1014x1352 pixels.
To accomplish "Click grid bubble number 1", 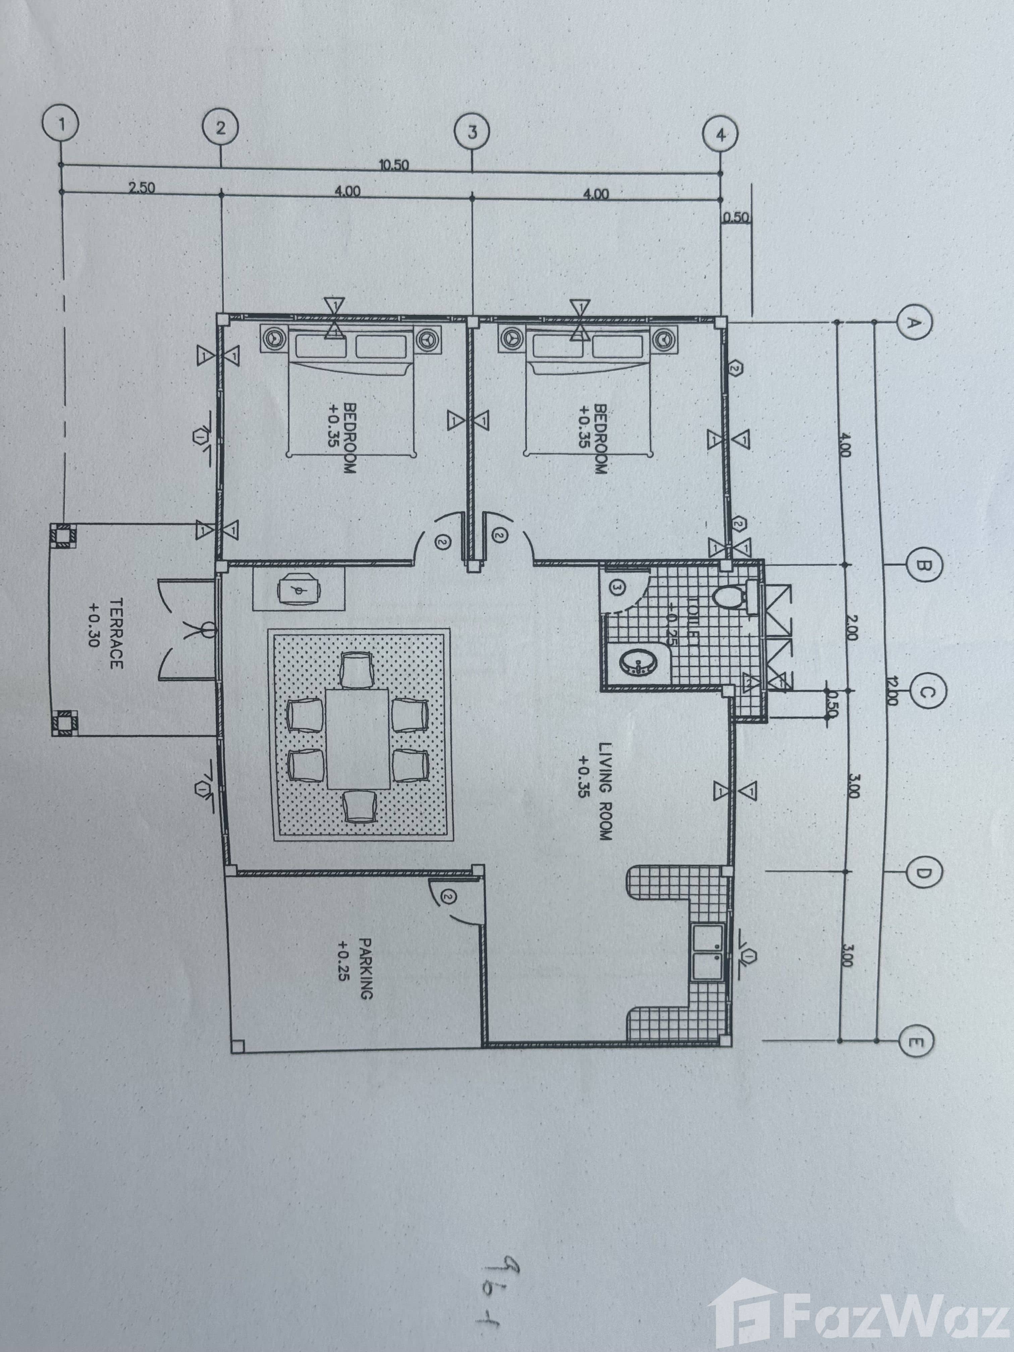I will tap(62, 124).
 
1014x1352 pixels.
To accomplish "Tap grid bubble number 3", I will tap(472, 132).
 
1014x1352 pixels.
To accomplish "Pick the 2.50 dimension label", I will tap(142, 188).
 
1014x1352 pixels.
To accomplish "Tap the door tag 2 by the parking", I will tap(449, 897).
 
